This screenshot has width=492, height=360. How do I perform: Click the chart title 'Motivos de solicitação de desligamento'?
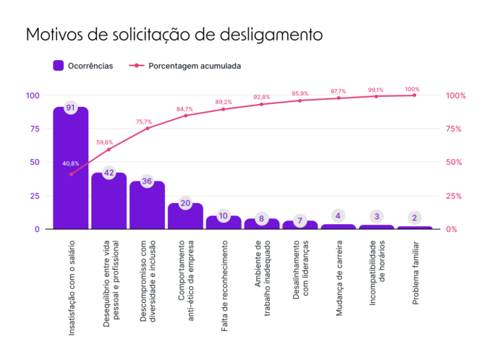[x=174, y=35]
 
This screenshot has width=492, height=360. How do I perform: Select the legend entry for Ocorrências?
[x=83, y=66]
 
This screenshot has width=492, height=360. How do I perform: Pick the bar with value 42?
[x=109, y=202]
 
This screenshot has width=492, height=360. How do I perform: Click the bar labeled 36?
[x=147, y=206]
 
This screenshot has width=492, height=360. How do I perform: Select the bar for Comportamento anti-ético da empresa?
[x=185, y=217]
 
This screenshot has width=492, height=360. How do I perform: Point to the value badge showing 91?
[x=70, y=108]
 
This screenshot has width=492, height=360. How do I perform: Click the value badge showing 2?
[x=414, y=218]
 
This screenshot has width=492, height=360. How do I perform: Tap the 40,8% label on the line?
[x=70, y=163]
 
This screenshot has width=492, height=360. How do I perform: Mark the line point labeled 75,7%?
[x=147, y=128]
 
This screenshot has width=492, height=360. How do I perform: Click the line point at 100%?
[x=414, y=95]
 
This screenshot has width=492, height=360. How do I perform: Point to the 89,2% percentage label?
[x=224, y=102]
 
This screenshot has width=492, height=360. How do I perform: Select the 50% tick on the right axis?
[x=455, y=163]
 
